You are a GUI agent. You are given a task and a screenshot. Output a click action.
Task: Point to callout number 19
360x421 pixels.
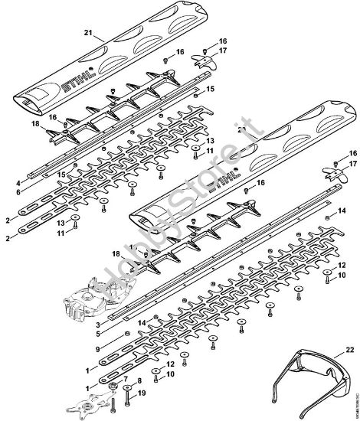tap(140, 393)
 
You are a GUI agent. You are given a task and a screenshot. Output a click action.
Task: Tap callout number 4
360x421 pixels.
tap(18, 183)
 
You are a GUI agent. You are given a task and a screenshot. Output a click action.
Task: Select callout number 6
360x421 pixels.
tap(18, 194)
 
